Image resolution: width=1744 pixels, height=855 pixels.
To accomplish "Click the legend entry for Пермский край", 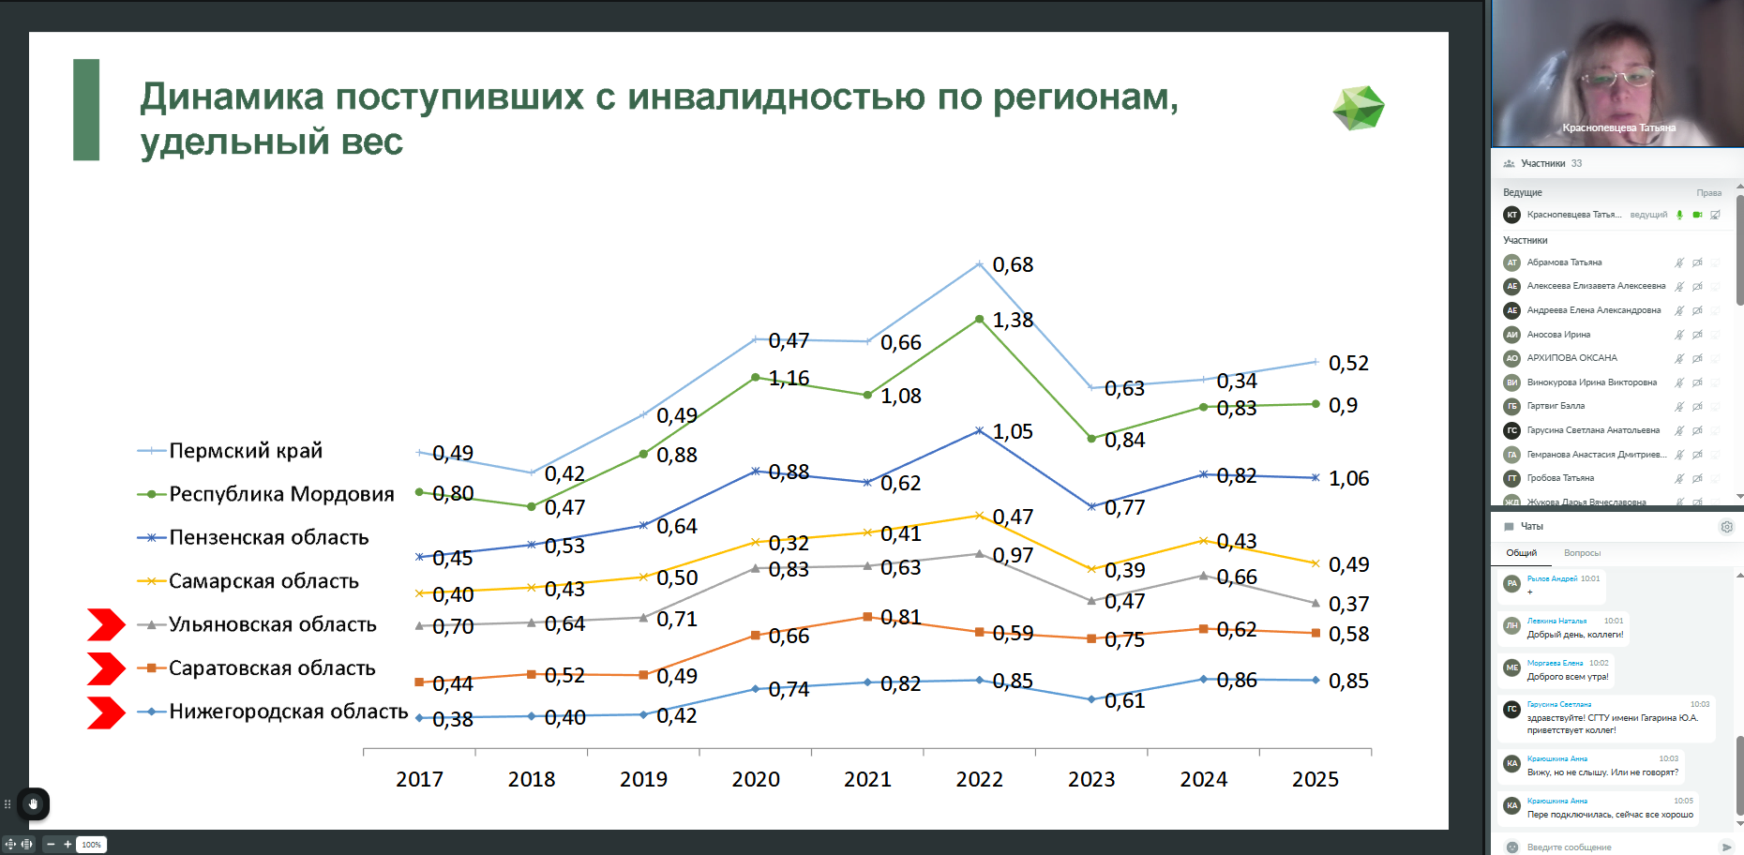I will [245, 451].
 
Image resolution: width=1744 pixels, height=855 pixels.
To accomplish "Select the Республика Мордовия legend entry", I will [280, 494].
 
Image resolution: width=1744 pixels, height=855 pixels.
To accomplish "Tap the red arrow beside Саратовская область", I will [105, 668].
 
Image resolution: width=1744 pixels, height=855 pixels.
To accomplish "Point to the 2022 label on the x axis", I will [979, 779].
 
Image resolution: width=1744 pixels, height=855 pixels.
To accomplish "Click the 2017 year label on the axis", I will [419, 779].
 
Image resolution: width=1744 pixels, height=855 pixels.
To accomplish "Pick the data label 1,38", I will [1013, 321].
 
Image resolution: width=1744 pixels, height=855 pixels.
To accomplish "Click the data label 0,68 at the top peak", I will [1013, 265].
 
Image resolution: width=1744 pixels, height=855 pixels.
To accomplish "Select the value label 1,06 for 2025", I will [1348, 479].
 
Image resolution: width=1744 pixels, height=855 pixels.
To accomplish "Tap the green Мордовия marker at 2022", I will [980, 320].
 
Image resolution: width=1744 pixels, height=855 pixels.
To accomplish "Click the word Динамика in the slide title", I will [232, 97].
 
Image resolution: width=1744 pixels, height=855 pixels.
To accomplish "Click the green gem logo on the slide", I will [1358, 108].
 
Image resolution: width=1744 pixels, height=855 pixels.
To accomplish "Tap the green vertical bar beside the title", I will [86, 110].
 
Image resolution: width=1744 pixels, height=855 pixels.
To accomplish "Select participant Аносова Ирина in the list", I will [1558, 335].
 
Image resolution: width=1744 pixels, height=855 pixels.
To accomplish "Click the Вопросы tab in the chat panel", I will [1582, 553].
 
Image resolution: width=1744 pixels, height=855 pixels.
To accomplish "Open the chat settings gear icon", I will [1726, 527].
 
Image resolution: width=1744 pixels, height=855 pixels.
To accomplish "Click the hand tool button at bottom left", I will [33, 803].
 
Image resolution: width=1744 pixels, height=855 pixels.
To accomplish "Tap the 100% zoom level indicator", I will [91, 845].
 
